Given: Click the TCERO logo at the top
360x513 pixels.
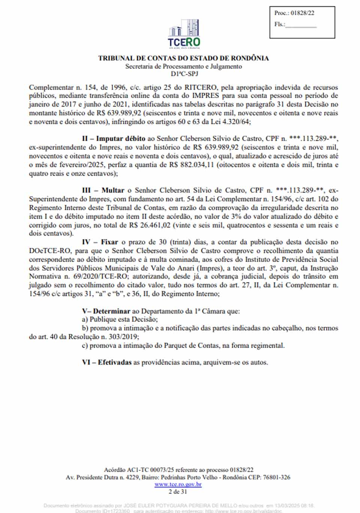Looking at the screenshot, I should (184, 34).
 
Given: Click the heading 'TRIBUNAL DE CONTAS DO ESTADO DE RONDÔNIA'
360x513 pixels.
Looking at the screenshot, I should (183, 58).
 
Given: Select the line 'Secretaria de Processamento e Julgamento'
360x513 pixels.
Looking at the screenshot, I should (183, 66).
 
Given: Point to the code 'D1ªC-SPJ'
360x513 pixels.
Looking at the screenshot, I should (184, 74).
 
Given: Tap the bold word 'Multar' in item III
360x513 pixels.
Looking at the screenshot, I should (112, 190).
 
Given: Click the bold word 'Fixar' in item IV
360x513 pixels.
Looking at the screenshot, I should (109, 242).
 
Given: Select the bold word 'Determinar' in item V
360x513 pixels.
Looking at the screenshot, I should (111, 311).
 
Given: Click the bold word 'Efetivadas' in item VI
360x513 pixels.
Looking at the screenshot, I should (114, 363).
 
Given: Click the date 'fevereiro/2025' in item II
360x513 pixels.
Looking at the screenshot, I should (80, 165).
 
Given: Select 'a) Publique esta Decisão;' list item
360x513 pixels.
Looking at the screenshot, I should (120, 319).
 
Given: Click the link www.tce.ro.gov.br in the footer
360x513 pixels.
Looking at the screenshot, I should (178, 484).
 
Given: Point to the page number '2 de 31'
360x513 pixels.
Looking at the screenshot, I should (178, 492).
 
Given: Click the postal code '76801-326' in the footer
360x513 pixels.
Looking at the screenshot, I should (276, 477).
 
